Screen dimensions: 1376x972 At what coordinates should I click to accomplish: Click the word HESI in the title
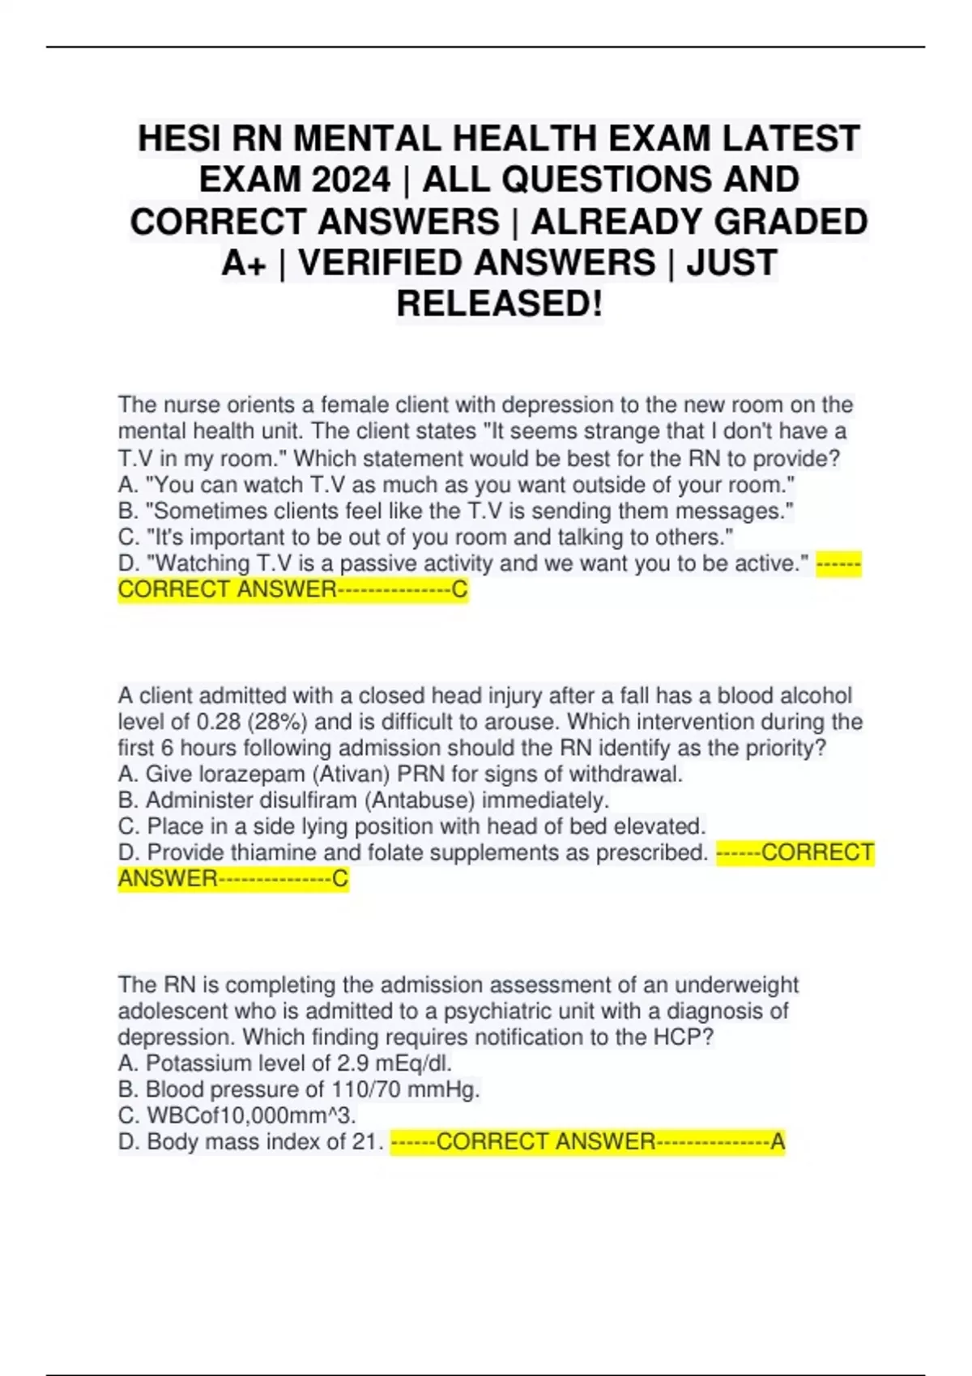point(180,138)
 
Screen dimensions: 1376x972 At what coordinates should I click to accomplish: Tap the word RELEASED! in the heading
point(500,304)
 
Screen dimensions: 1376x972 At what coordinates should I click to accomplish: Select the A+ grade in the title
point(244,262)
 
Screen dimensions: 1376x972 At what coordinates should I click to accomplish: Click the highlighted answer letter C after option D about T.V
point(459,590)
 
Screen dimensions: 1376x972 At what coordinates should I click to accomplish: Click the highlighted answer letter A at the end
point(778,1142)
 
